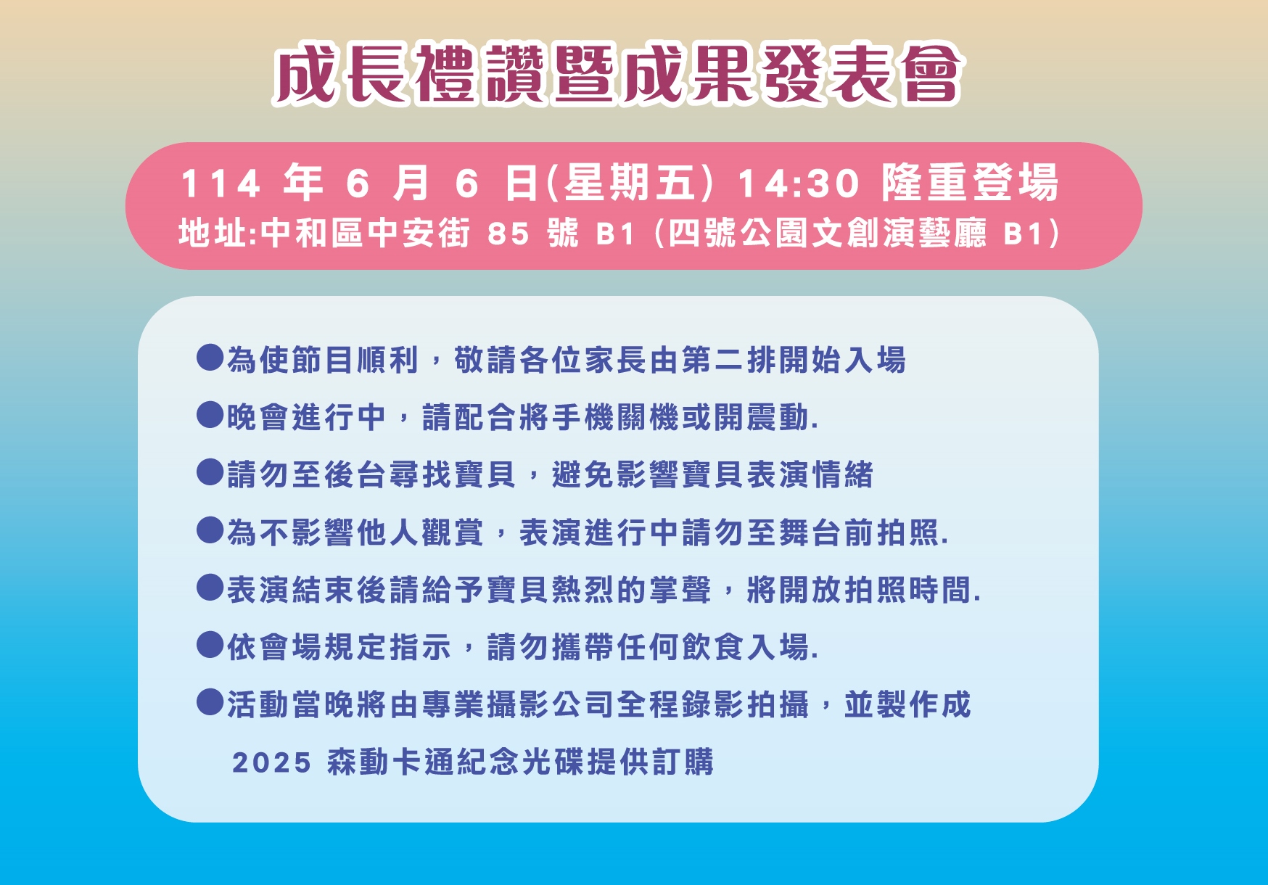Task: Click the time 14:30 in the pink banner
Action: (799, 183)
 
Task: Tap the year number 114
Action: (221, 184)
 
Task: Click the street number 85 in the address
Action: (509, 234)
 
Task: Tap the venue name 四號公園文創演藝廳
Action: (827, 234)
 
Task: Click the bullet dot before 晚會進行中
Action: (210, 415)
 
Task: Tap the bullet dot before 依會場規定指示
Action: (210, 644)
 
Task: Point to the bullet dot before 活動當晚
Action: (210, 701)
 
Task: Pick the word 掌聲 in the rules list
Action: (680, 589)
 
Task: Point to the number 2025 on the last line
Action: (271, 762)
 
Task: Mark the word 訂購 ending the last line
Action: (681, 761)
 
